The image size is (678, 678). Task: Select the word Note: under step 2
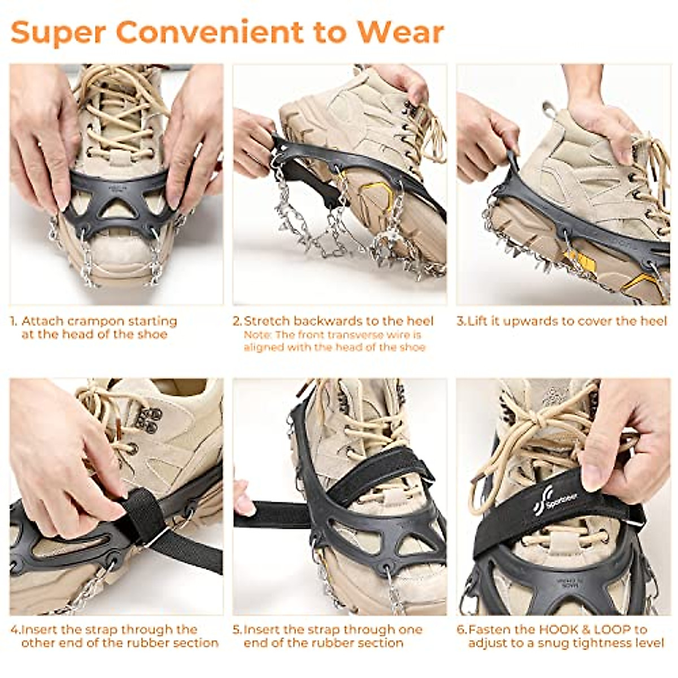258,335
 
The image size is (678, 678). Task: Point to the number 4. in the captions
15,629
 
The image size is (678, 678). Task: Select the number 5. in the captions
237,629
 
